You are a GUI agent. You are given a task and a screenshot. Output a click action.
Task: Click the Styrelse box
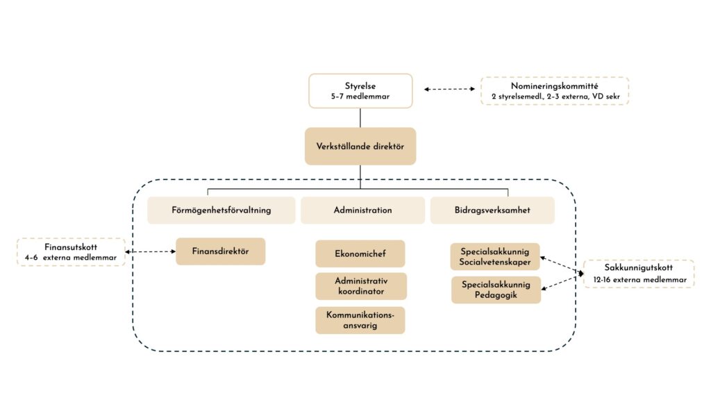click(360, 91)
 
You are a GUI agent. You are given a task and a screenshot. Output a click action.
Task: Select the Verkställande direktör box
click(360, 146)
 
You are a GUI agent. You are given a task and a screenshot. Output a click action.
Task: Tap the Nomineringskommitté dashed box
click(555, 91)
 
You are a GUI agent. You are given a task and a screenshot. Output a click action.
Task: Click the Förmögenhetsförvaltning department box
click(221, 210)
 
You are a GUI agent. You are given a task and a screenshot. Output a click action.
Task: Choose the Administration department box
click(362, 210)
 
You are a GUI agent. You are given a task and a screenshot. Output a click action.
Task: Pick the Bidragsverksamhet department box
click(492, 210)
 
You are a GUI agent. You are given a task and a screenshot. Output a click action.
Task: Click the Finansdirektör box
click(220, 251)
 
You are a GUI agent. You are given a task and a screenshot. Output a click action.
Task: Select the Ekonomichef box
click(360, 253)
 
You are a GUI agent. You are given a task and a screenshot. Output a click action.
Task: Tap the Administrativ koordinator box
click(360, 286)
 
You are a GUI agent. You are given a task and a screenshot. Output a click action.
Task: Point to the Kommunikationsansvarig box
click(360, 320)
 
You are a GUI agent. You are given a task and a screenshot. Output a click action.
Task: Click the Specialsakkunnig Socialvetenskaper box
click(495, 256)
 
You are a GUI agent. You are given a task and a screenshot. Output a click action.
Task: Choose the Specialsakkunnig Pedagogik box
click(495, 290)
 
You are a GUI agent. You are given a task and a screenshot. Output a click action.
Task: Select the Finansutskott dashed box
click(71, 252)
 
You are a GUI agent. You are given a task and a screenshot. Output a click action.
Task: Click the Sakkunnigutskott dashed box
click(638, 274)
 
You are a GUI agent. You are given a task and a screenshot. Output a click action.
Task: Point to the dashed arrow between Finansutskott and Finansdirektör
click(151, 251)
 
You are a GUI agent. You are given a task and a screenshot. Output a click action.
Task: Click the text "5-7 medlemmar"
click(360, 97)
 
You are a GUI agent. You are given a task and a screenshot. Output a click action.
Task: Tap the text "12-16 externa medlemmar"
click(638, 280)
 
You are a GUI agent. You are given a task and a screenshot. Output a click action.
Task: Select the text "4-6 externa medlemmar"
click(71, 258)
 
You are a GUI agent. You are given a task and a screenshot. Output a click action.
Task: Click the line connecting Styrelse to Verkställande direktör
click(360, 117)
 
